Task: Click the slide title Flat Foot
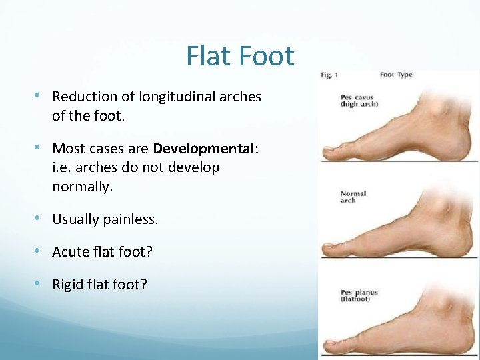coord(240,56)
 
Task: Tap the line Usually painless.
coord(105,219)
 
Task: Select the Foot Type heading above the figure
coord(396,75)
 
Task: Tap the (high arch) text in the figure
coord(359,105)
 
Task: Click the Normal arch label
coord(353,197)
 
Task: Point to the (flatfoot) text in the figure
coord(355,299)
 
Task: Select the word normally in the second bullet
coord(82,187)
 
